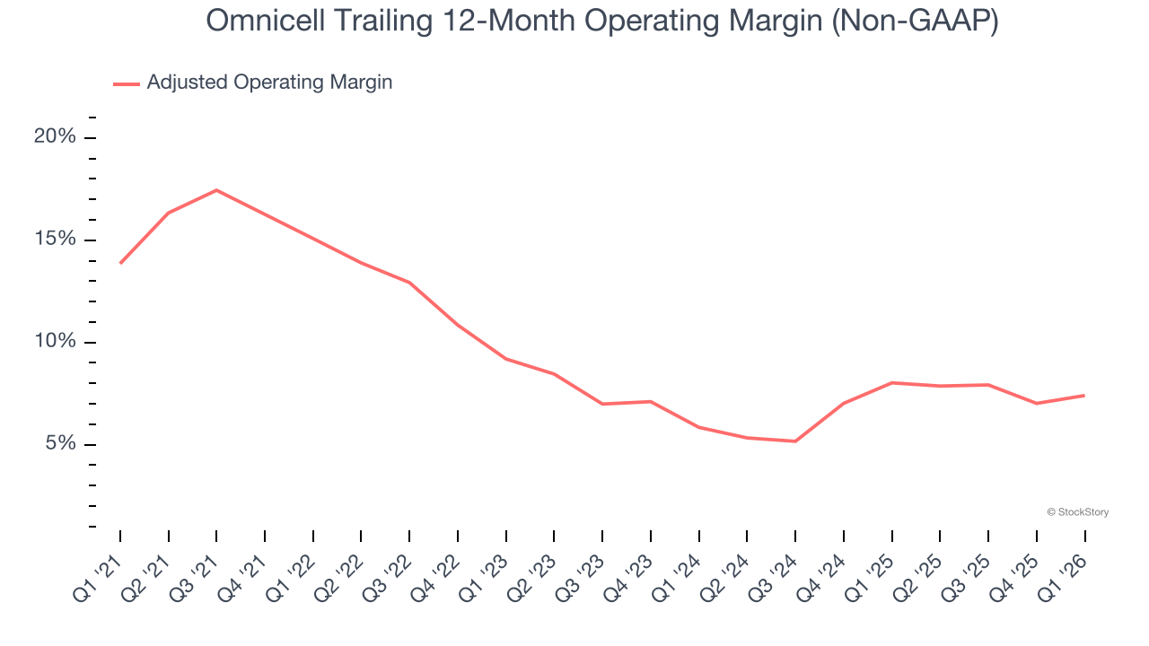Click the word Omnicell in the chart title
[259, 21]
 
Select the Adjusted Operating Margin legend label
[269, 83]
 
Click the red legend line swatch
[127, 83]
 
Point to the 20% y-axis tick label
[55, 136]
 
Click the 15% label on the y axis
[55, 240]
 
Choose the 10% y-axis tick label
[55, 342]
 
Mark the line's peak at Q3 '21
[216, 190]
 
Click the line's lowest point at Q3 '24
[795, 441]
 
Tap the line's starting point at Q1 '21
[120, 263]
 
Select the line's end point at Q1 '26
[1084, 395]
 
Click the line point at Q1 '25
[891, 383]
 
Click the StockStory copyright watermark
[1077, 512]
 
